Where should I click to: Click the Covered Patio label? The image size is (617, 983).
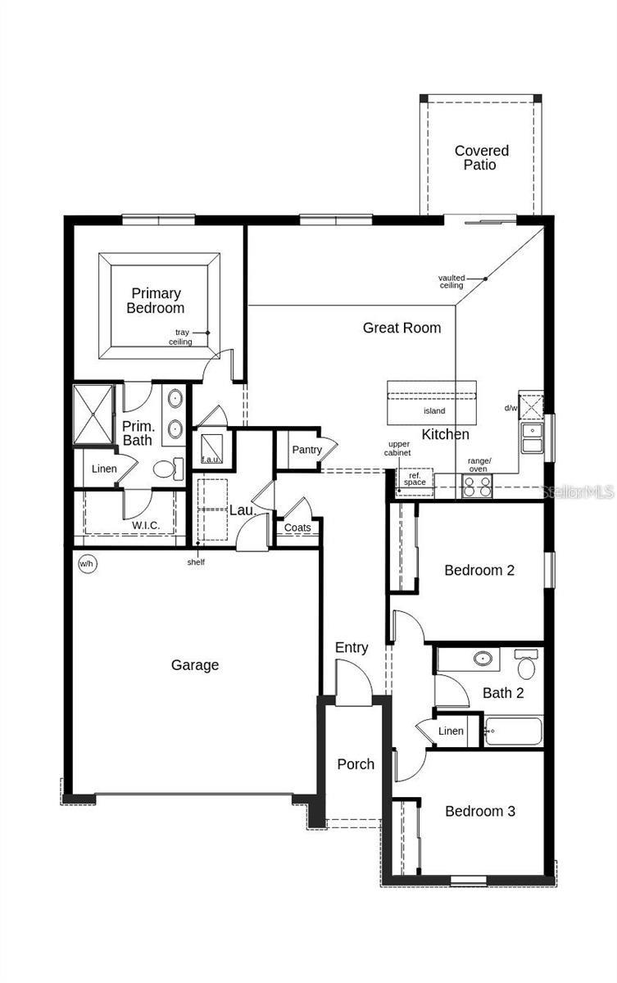coord(481,157)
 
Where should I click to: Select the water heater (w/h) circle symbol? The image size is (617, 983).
coord(85,564)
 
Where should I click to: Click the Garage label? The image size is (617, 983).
coord(194,665)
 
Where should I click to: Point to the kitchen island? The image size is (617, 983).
coord(432,401)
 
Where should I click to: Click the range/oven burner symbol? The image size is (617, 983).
coord(476,487)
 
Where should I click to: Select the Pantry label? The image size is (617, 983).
coord(306,450)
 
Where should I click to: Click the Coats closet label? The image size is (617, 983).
coord(297,528)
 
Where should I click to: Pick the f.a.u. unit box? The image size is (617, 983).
coord(211,449)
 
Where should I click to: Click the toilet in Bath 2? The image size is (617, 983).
coord(524,665)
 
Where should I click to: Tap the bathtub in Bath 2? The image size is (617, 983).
coord(512,731)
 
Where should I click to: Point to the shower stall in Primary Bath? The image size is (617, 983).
coord(93,414)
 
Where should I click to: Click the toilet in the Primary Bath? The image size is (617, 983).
coord(166,469)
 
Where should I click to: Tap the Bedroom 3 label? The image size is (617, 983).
coord(479,811)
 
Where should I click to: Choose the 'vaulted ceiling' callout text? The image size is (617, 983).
coord(451,282)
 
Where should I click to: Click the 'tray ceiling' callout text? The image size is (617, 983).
coord(180,337)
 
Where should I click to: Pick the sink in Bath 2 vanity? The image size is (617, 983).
coord(483,658)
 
